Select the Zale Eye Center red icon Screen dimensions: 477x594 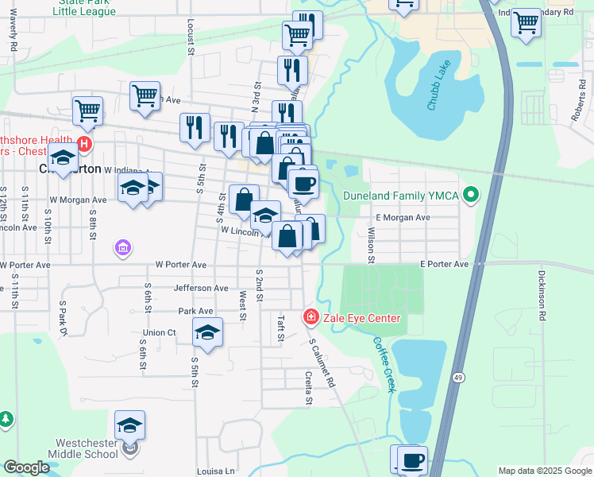pyautogui.click(x=310, y=318)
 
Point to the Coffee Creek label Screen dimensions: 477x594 pyautogui.click(x=384, y=358)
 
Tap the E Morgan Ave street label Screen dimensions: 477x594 pyautogui.click(x=403, y=217)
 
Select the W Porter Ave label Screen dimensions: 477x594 pyautogui.click(x=180, y=265)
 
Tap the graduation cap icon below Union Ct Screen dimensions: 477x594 pyautogui.click(x=207, y=332)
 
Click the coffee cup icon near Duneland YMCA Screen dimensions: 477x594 pyautogui.click(x=303, y=184)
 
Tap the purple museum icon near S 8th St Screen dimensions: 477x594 pyautogui.click(x=122, y=250)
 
